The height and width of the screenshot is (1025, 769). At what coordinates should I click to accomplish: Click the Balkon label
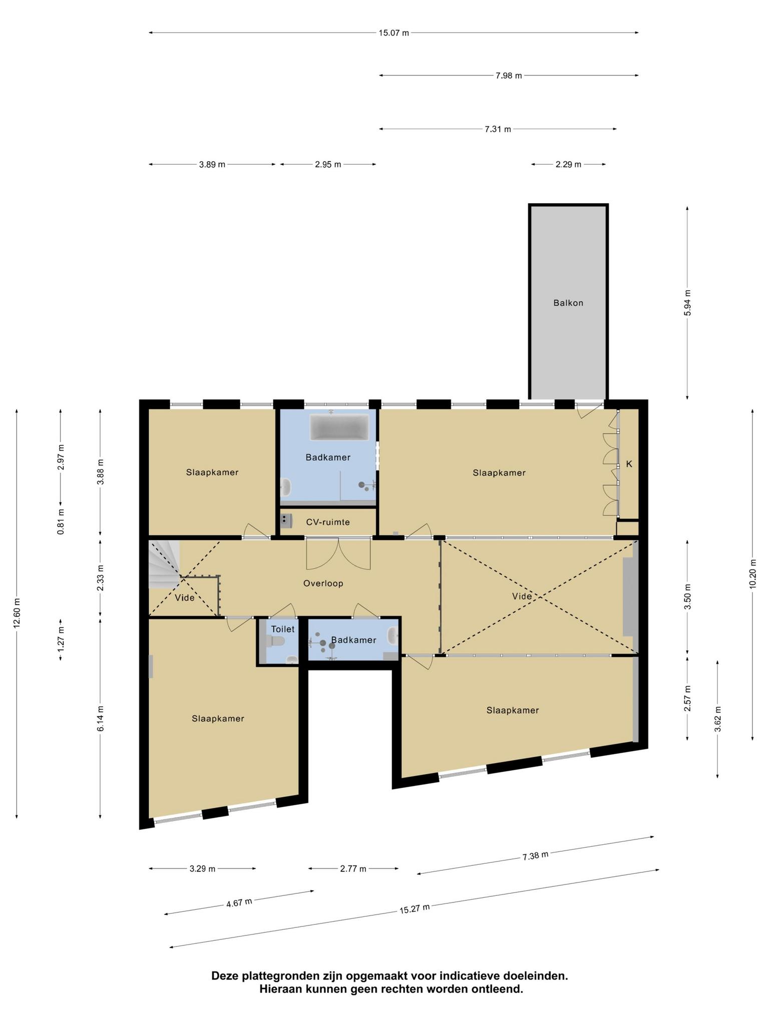[x=568, y=303]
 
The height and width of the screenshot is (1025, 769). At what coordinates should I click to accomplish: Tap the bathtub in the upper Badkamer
[x=339, y=427]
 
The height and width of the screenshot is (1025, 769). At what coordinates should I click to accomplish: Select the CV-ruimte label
[x=328, y=523]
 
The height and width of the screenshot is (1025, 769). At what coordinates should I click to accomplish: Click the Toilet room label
[x=283, y=629]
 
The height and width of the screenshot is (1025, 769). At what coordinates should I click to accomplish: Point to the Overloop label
[x=323, y=583]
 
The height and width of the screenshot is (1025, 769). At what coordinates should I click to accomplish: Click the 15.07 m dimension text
[x=394, y=33]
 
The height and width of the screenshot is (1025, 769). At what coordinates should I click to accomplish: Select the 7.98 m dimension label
[x=509, y=76]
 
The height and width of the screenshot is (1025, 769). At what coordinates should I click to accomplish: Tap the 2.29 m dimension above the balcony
[x=568, y=164]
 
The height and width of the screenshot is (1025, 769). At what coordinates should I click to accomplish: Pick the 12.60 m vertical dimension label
[x=17, y=614]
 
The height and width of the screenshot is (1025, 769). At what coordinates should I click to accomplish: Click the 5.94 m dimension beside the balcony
[x=687, y=303]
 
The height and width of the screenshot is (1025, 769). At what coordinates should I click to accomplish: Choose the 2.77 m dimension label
[x=353, y=869]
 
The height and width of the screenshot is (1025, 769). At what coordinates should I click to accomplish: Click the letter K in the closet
[x=629, y=464]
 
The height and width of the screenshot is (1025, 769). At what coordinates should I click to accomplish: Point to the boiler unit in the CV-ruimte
[x=286, y=521]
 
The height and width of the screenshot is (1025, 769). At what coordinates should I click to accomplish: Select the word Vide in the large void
[x=522, y=596]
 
